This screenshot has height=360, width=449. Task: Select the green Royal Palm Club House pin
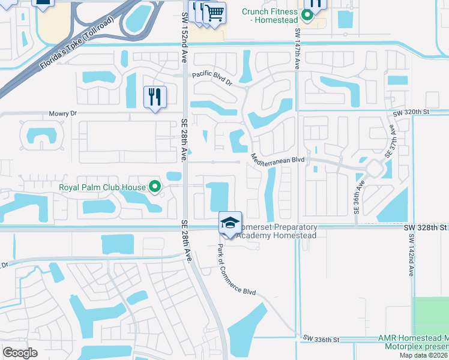(x=155, y=187)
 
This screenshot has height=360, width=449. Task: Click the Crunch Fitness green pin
(x=307, y=16)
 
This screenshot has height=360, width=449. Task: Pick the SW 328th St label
(x=426, y=228)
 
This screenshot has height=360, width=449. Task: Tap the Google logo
(x=20, y=353)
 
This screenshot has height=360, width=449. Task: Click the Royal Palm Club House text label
(x=102, y=187)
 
